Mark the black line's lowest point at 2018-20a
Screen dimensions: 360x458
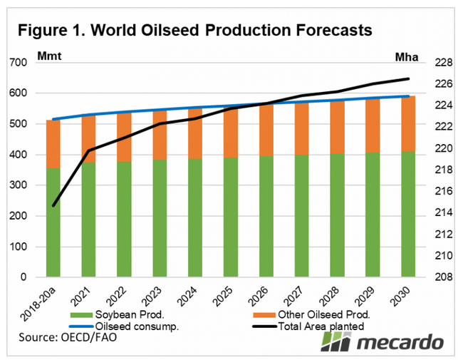[x=53, y=205]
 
